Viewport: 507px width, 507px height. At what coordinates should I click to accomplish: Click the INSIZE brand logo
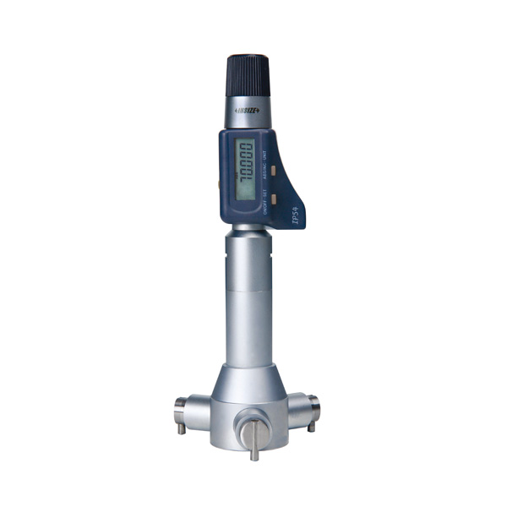coord(247,110)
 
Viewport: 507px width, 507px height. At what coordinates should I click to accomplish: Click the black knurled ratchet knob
coord(248,75)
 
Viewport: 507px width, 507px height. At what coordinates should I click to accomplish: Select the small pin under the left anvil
coord(182,428)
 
